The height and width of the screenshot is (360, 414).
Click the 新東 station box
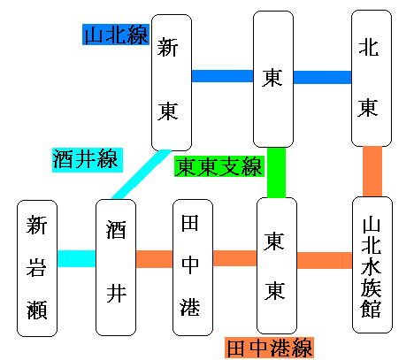[x=172, y=82]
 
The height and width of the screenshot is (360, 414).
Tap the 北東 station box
[x=372, y=78]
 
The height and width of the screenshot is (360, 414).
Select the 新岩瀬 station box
[x=37, y=268]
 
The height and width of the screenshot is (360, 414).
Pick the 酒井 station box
[x=116, y=267]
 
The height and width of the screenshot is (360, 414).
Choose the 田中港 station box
[x=193, y=267]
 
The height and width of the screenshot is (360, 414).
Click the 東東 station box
[x=277, y=265]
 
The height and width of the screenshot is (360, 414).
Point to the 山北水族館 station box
[x=372, y=264]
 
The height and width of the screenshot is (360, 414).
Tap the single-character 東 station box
[x=273, y=79]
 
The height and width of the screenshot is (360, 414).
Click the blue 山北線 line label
[x=116, y=34]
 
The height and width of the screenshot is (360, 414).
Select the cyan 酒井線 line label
[x=88, y=160]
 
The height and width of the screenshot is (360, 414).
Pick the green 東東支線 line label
[x=219, y=166]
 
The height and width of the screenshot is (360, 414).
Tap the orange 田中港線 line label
[x=269, y=348]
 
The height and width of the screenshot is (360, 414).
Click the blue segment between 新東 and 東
[x=222, y=76]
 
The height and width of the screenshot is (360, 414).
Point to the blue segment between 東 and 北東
[x=322, y=77]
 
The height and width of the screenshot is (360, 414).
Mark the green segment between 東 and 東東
[x=276, y=172]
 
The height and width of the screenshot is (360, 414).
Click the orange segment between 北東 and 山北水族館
[x=372, y=172]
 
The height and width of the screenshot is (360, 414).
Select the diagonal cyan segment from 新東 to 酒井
[x=142, y=174]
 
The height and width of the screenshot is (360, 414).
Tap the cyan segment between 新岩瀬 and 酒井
[x=76, y=258]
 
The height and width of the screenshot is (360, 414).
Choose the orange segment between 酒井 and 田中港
[x=154, y=259]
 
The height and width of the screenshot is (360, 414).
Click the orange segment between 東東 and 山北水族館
[x=325, y=260]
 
